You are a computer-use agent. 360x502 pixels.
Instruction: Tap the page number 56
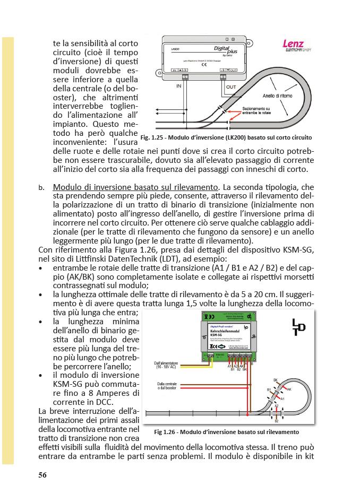point(42,475)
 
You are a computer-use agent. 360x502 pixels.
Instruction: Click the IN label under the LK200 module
point(179,85)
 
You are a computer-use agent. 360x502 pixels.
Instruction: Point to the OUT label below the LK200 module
point(232,86)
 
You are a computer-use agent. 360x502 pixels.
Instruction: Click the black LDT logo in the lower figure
point(299,327)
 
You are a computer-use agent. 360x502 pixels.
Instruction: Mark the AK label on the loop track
point(289,389)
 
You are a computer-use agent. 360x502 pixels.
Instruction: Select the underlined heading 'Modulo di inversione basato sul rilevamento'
point(136,187)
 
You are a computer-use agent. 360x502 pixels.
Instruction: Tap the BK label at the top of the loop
point(275,379)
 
